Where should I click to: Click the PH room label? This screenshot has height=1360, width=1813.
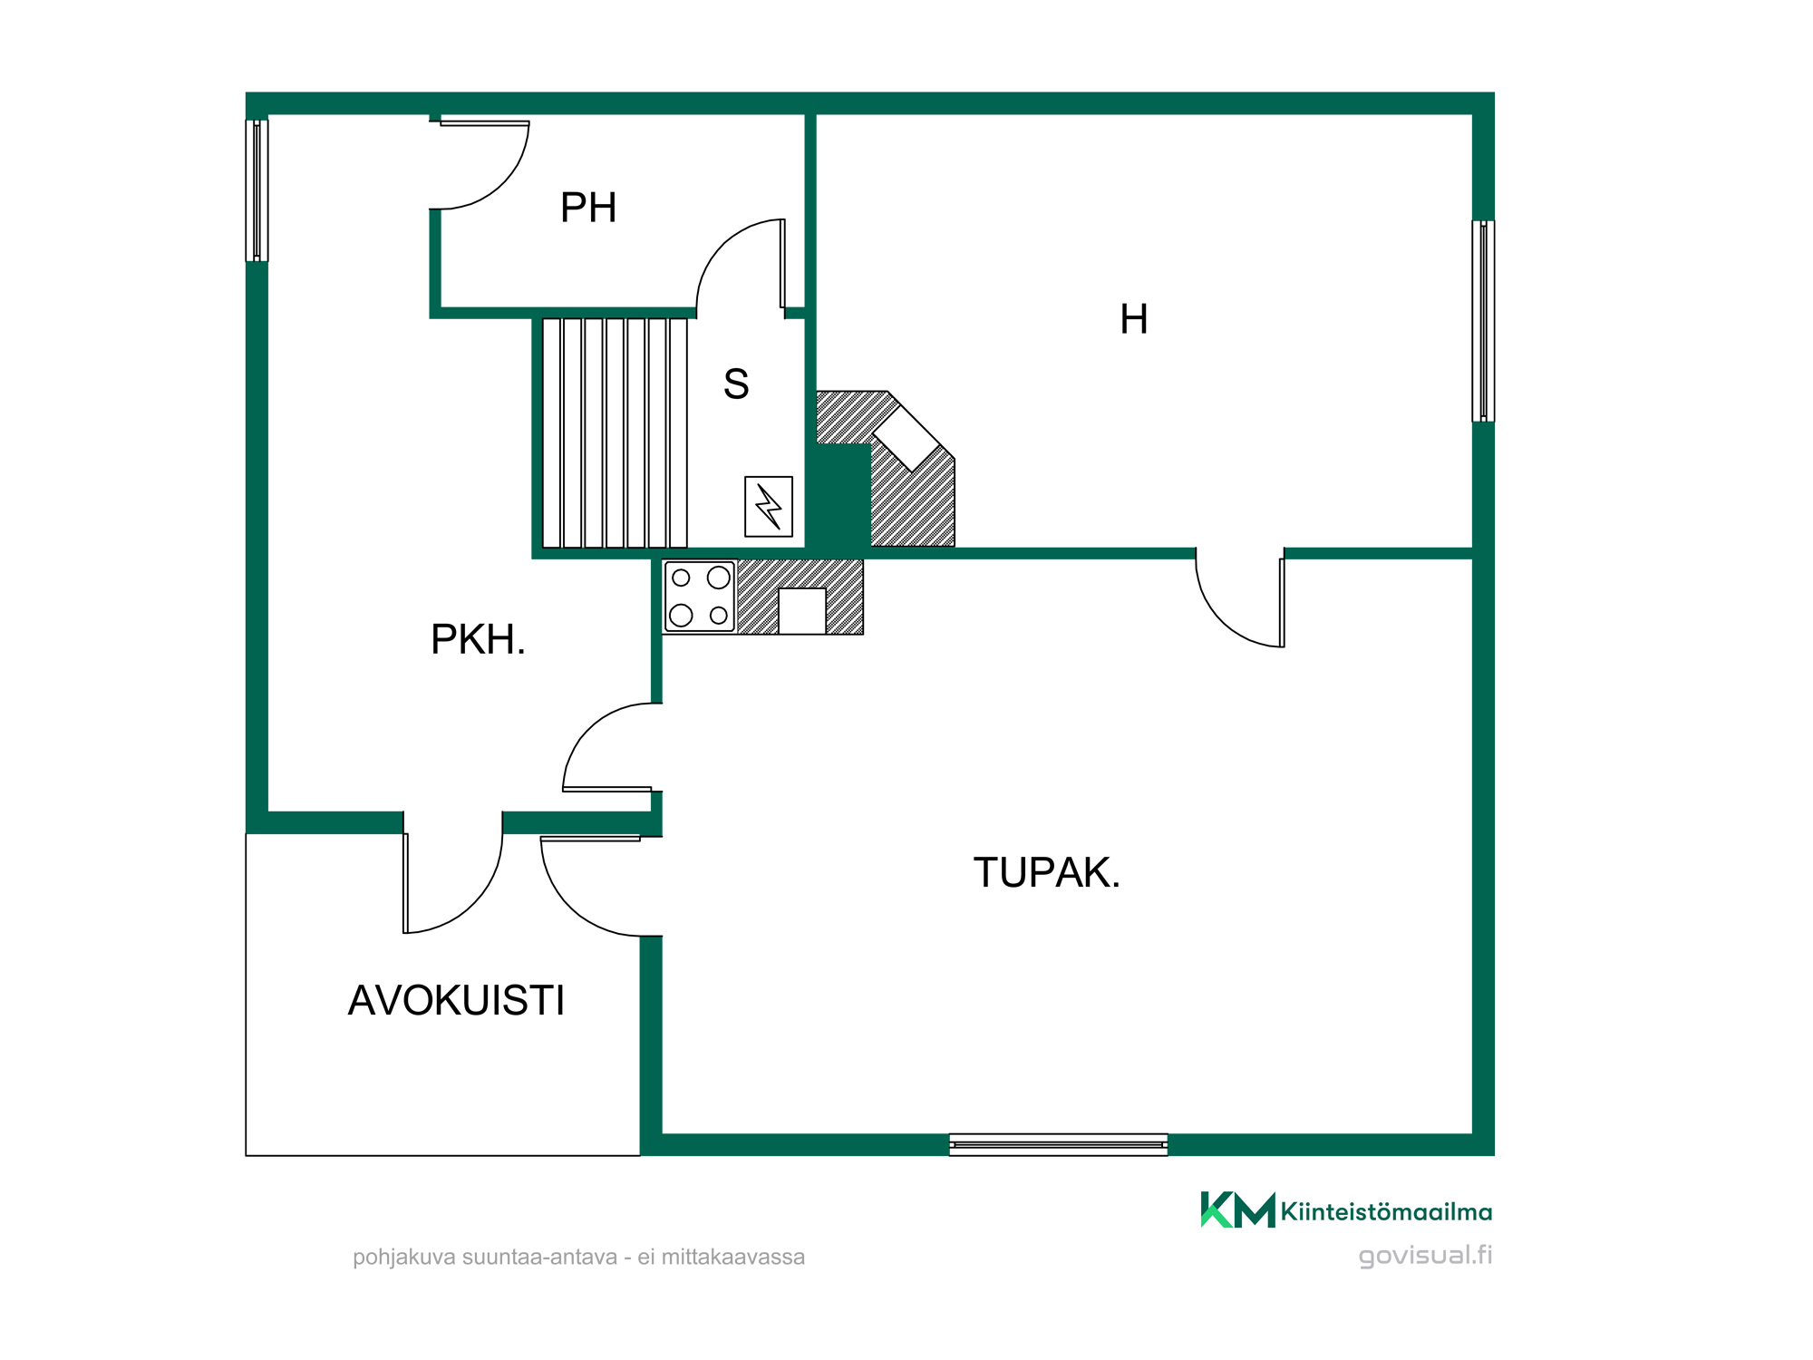[x=588, y=208]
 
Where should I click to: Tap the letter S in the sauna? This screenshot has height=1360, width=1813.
[x=736, y=384]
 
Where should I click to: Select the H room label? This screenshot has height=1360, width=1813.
[x=1134, y=319]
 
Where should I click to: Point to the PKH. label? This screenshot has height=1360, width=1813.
[x=478, y=639]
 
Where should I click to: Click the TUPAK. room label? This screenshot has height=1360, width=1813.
[x=1047, y=872]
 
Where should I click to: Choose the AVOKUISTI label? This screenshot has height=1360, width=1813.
[x=456, y=1000]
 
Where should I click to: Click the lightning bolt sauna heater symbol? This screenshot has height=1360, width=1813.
[x=769, y=507]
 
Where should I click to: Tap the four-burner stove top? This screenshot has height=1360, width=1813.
[x=700, y=597]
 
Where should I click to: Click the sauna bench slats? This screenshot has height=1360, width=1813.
[x=615, y=432]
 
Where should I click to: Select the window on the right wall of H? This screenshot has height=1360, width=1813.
[x=1483, y=321]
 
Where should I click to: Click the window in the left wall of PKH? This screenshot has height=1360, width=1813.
[x=257, y=190]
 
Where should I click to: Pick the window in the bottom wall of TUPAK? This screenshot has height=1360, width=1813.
[x=1059, y=1144]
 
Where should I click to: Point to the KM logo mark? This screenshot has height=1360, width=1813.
[x=1237, y=1209]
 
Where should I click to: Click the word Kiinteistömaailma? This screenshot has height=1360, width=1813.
[x=1386, y=1212]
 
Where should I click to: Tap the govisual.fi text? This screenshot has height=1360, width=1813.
[x=1425, y=1256]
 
